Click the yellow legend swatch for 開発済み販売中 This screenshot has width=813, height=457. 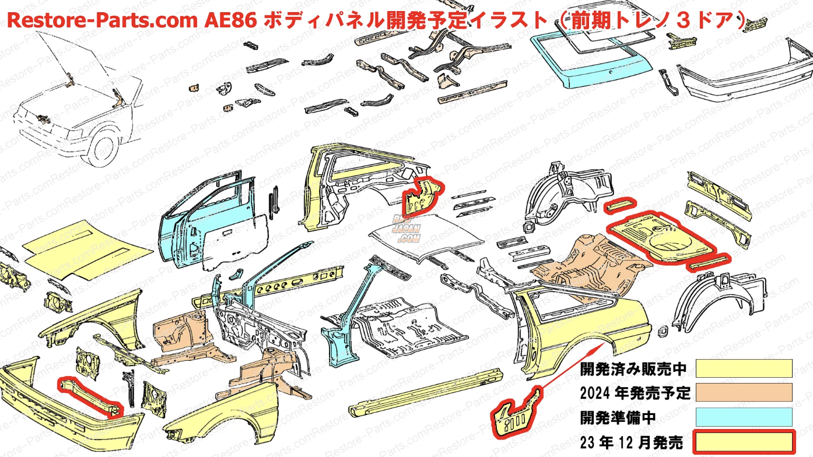(x=744, y=368)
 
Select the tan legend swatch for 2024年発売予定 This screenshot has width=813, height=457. (x=744, y=392)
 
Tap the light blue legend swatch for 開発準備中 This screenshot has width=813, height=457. (x=744, y=417)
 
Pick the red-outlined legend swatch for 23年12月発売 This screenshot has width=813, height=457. (x=744, y=441)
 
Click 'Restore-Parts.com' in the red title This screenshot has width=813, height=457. (x=103, y=22)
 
